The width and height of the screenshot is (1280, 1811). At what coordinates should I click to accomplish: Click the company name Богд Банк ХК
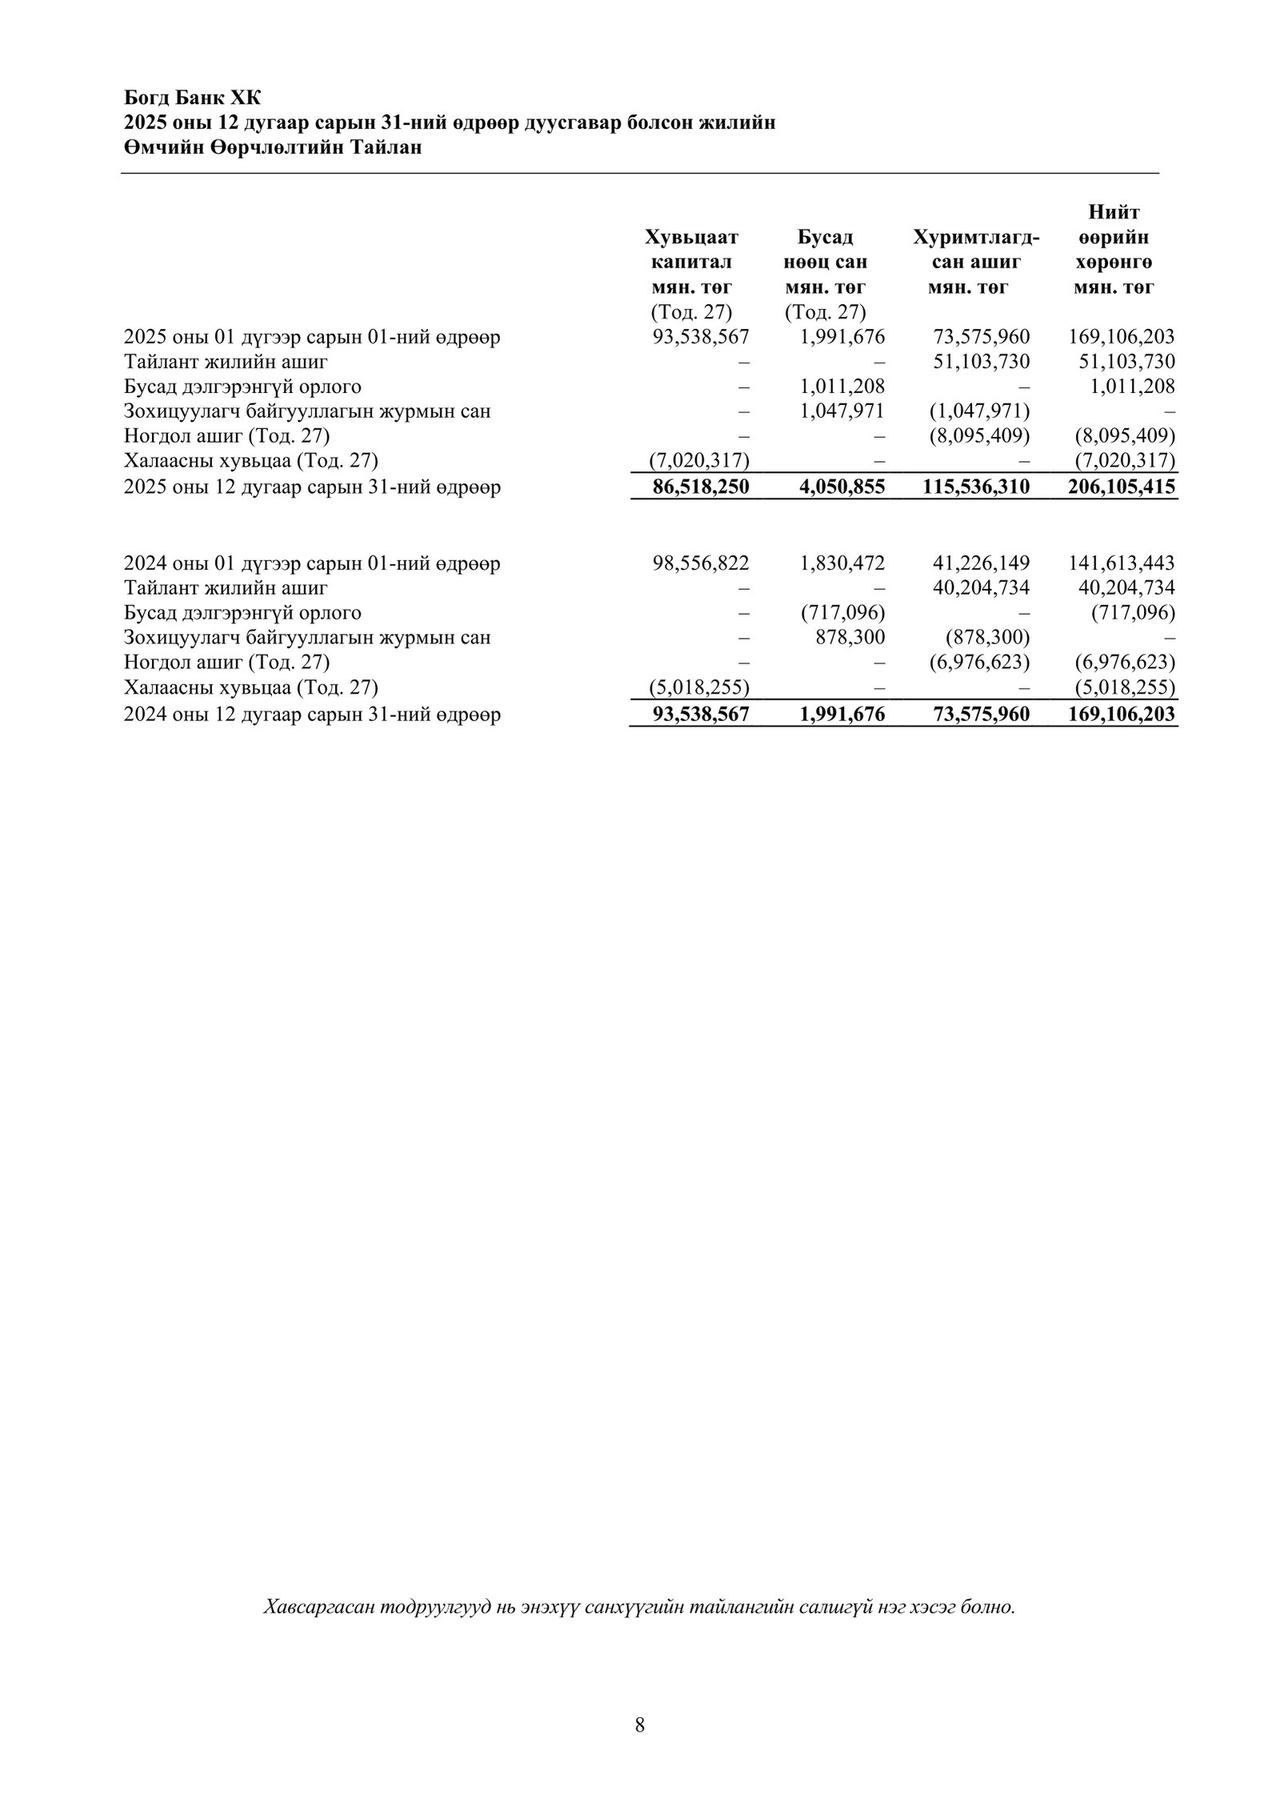[192, 98]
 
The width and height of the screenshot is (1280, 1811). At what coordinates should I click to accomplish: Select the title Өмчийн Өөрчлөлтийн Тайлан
[272, 147]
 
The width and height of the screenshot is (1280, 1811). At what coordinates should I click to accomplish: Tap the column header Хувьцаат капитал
[691, 250]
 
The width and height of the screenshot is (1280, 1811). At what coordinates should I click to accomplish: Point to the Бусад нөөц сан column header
[826, 250]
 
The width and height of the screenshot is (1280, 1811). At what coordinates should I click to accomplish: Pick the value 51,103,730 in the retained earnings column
[982, 362]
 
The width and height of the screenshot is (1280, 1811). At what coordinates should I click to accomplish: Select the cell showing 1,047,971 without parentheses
[842, 411]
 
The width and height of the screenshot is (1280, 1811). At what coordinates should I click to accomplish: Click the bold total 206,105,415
[1121, 487]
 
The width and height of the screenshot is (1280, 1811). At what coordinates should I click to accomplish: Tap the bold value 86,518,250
[701, 487]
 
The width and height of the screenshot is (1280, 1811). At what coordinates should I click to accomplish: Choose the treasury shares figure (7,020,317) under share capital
[697, 461]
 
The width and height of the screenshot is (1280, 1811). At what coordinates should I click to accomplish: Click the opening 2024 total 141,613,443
[1121, 563]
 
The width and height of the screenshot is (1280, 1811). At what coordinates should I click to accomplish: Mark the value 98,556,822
[701, 563]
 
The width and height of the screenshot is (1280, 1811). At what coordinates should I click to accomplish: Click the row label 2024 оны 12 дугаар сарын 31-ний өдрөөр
[312, 715]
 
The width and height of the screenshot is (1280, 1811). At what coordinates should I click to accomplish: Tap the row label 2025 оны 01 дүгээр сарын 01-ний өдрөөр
[312, 337]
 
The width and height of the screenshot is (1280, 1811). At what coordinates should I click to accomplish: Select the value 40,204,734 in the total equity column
[1126, 588]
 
